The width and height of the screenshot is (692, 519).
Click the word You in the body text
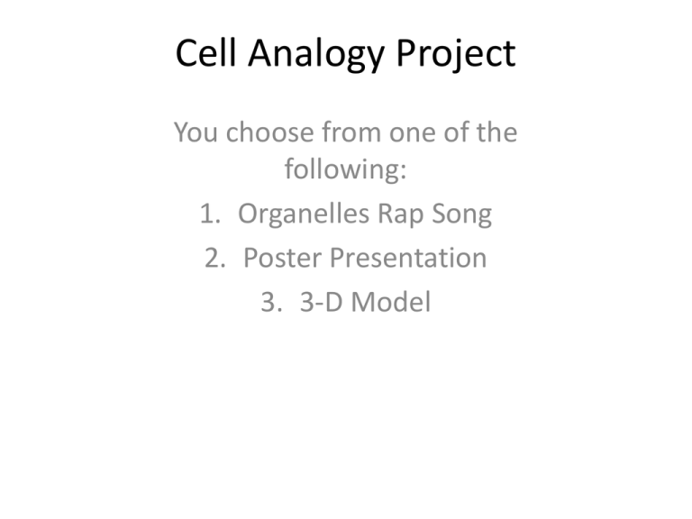[x=196, y=134]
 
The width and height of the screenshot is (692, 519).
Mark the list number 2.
[x=214, y=259]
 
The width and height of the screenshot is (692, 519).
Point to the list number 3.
[x=268, y=302]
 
